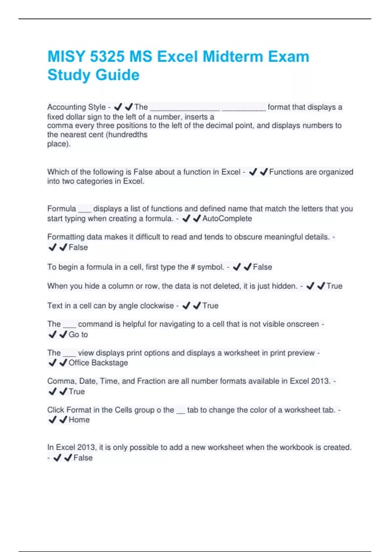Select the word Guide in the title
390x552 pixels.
pos(118,75)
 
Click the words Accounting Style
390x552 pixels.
pos(76,107)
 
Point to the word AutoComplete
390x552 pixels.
pos(227,219)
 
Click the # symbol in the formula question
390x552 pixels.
pos(193,267)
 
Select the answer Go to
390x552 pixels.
pos(78,334)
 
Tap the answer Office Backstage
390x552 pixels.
pos(98,363)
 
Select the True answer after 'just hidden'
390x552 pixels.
pos(334,286)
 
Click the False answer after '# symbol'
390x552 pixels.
pos(262,267)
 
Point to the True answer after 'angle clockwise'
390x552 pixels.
pos(210,306)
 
